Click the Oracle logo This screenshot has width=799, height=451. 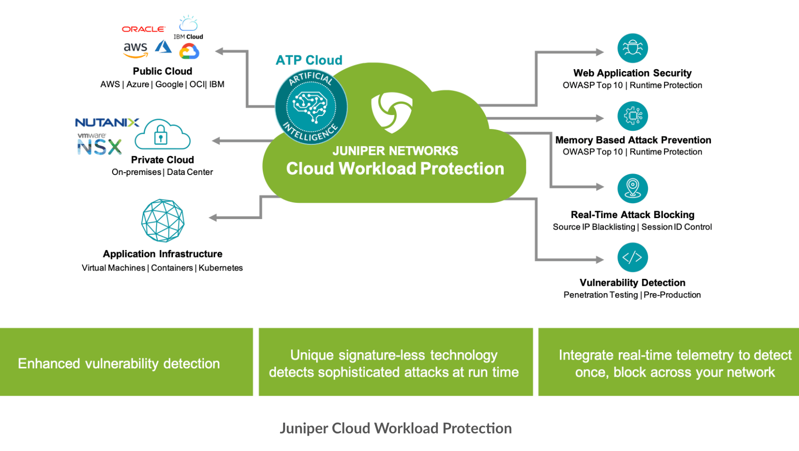(x=143, y=29)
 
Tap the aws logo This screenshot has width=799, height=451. (x=135, y=50)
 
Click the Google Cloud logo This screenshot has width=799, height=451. (x=189, y=51)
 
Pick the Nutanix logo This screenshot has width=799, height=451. (x=107, y=122)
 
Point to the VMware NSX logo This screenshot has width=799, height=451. (x=99, y=144)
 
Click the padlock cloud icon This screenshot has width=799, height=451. (x=162, y=135)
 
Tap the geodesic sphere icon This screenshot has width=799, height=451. (x=163, y=221)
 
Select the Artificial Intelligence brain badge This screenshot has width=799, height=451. (x=311, y=107)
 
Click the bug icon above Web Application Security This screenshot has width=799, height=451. (x=632, y=48)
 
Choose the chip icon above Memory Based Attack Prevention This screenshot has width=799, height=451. (x=632, y=116)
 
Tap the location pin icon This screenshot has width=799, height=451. (x=632, y=188)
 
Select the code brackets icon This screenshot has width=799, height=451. (x=632, y=257)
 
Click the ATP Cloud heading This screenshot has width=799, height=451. (x=309, y=60)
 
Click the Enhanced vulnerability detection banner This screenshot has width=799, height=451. (x=119, y=363)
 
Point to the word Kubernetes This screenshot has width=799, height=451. (x=221, y=268)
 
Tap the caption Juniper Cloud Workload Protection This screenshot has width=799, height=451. (x=395, y=428)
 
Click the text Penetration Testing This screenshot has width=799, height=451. (x=601, y=295)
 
